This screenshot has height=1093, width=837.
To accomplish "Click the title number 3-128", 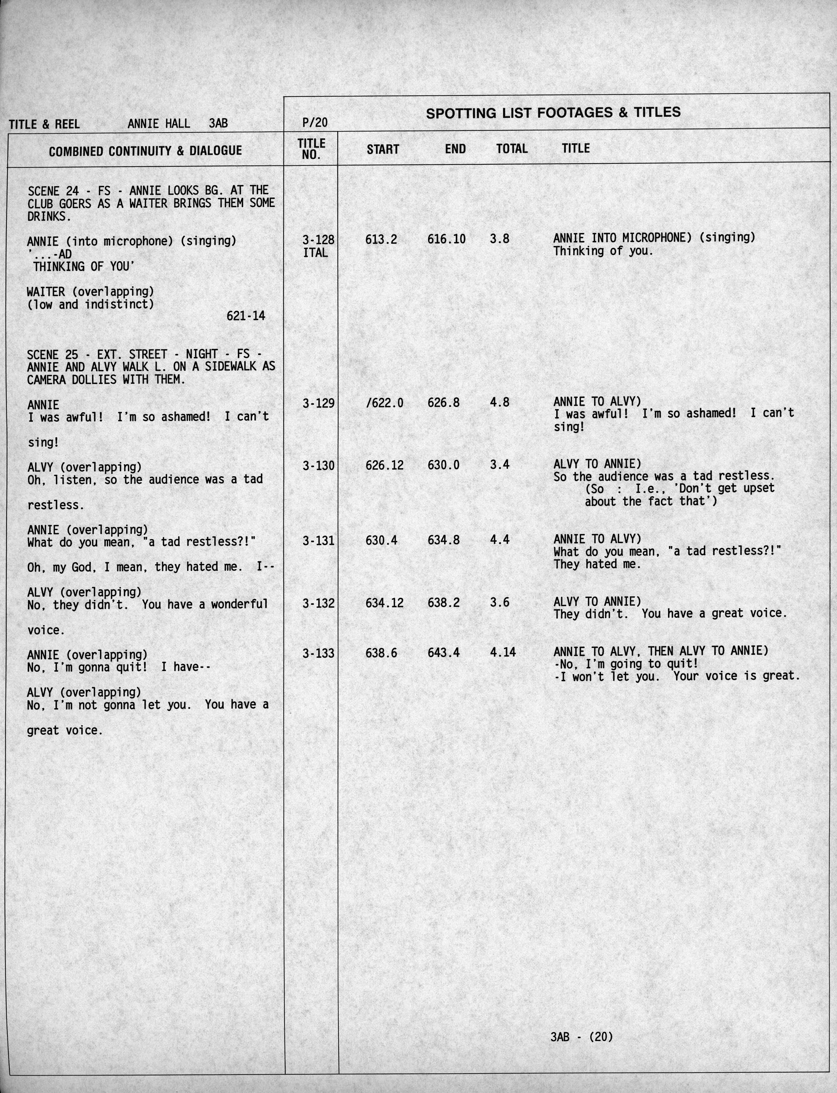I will point(318,240).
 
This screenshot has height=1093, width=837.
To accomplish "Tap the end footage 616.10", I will point(446,239).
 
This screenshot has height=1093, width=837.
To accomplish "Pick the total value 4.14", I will point(503,652).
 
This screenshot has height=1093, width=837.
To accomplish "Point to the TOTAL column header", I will point(512,149).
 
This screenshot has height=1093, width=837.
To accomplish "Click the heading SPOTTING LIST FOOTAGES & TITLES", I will point(553,113).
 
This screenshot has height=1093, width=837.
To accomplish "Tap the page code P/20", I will point(315,122).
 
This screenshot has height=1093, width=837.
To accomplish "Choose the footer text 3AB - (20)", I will point(581,1037).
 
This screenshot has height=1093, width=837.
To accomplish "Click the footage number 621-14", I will point(246,315).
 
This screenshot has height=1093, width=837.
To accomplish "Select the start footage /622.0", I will point(384,403).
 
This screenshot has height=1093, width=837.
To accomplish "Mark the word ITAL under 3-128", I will point(315,253).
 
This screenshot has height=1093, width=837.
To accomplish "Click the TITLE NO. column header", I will point(311,149).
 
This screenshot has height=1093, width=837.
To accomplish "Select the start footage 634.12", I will point(384,603).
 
